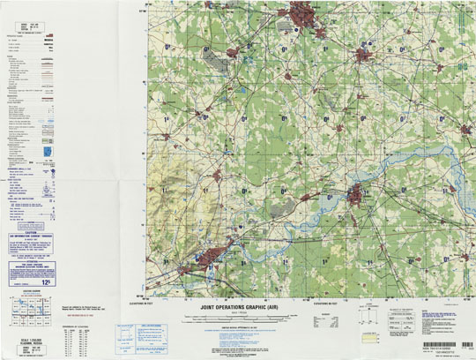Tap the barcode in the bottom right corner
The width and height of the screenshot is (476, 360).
tap(443, 344)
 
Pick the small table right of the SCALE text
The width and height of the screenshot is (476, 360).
tap(82, 339)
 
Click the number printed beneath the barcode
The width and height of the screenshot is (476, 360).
tap(441, 352)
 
